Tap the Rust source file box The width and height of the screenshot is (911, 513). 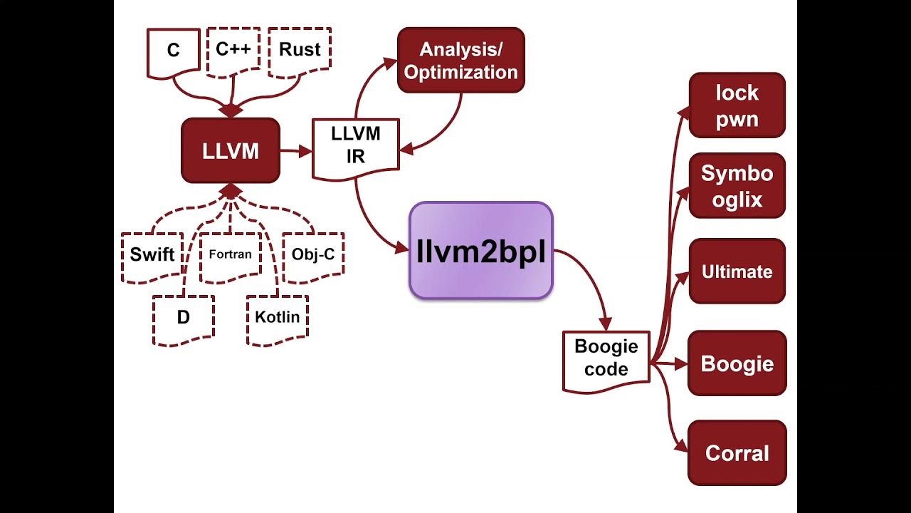(x=300, y=51)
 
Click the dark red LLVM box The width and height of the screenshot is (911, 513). (x=231, y=151)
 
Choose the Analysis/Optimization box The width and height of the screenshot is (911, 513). (x=460, y=61)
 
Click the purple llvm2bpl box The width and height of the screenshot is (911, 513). (x=480, y=251)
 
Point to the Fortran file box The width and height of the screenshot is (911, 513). (x=230, y=254)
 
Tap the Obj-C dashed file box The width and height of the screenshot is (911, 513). (x=312, y=254)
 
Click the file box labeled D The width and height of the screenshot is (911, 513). (x=184, y=318)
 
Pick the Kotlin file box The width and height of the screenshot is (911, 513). (x=278, y=318)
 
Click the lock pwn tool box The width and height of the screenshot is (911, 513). (x=737, y=105)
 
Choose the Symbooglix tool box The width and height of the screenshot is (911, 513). (x=737, y=186)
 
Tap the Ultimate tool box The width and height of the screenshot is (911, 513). (x=737, y=271)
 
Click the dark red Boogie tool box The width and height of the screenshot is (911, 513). (x=737, y=363)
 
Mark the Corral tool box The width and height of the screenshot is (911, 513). (x=737, y=453)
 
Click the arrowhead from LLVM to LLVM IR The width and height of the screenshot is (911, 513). (x=305, y=151)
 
